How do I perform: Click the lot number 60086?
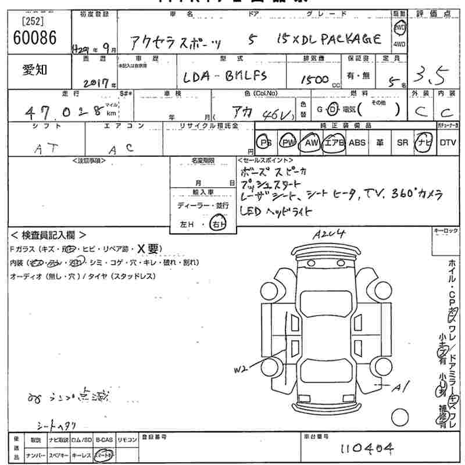click(34, 39)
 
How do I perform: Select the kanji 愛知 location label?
click(35, 70)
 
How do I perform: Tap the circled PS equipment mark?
click(266, 142)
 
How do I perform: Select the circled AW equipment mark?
click(312, 142)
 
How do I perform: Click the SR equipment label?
click(402, 142)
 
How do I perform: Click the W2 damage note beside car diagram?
click(242, 369)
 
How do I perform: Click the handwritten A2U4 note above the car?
click(328, 234)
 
